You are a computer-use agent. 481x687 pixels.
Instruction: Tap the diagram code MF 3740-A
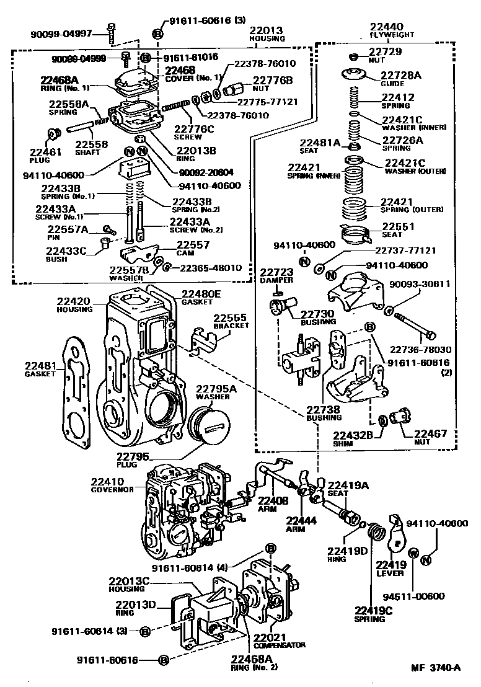(x=436, y=668)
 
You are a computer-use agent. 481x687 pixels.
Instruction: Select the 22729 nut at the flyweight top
(x=353, y=55)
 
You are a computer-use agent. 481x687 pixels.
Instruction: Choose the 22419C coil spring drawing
(x=376, y=532)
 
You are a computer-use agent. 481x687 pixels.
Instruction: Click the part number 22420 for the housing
(x=73, y=301)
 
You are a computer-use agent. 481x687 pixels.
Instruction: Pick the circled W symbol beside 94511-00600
(x=414, y=552)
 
